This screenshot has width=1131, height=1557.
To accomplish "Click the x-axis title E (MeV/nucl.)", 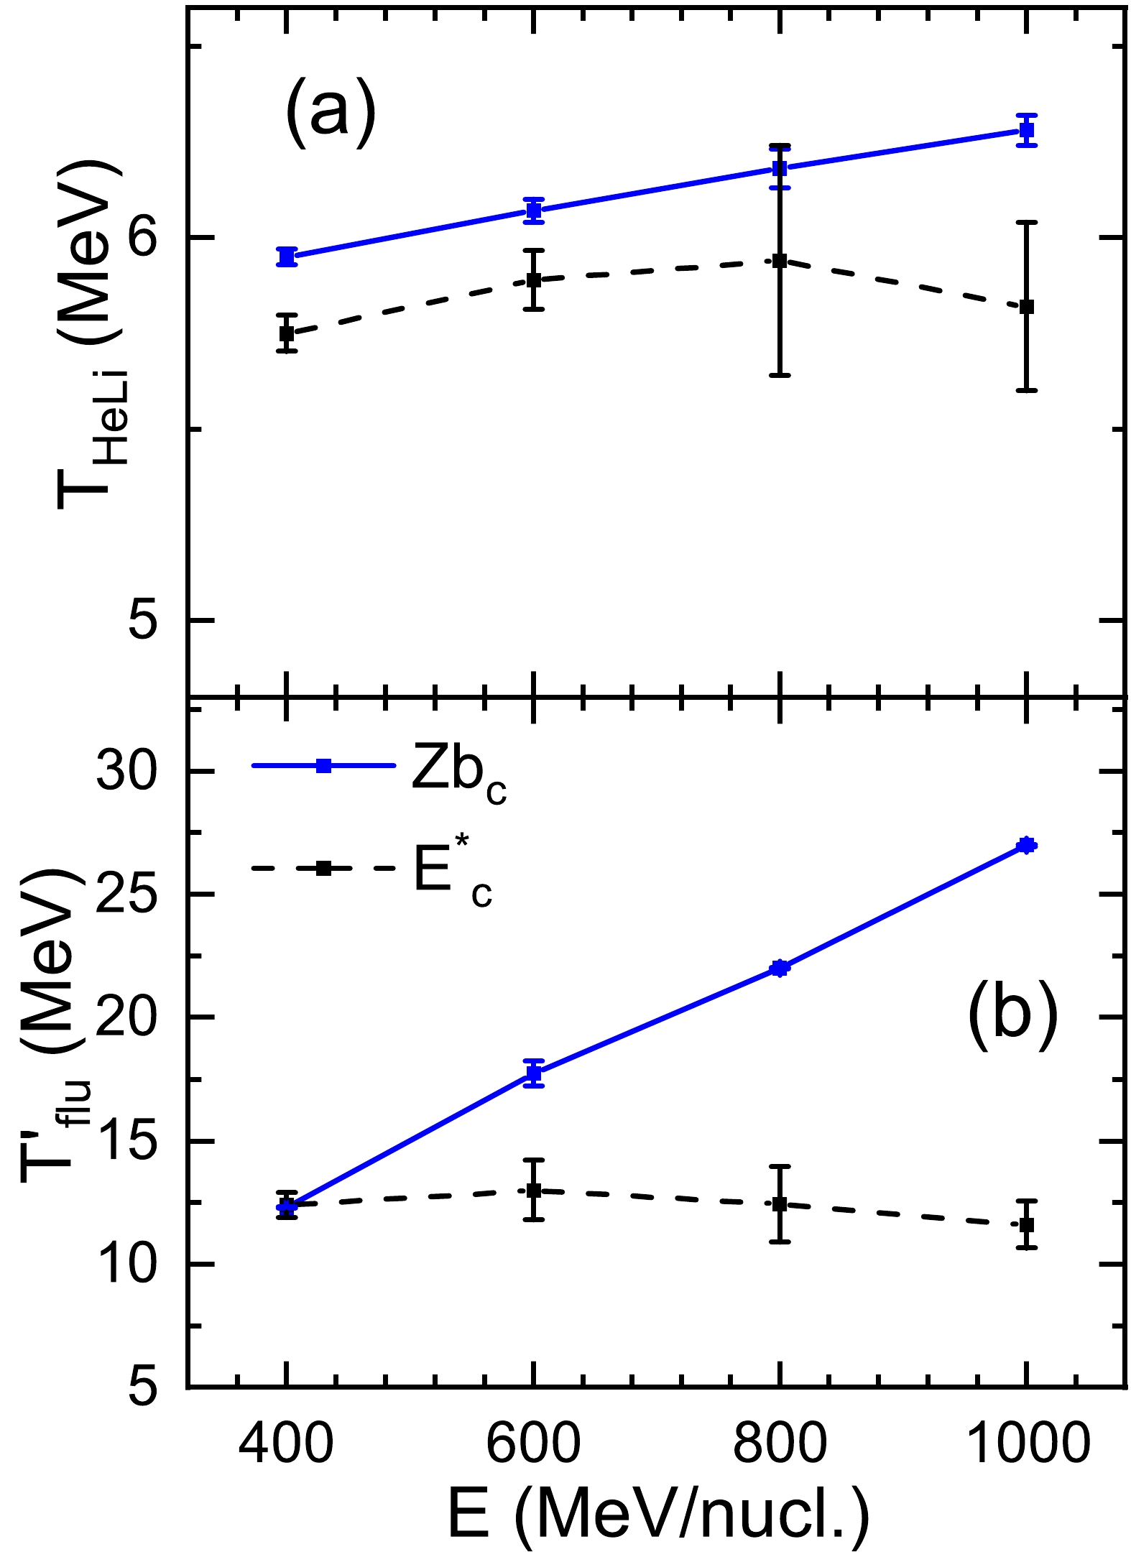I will click(658, 1517).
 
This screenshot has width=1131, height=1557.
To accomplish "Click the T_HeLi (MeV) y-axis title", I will click(90, 334).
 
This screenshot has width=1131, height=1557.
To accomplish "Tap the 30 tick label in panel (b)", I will click(126, 772).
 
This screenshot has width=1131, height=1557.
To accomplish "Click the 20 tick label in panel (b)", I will click(126, 1018).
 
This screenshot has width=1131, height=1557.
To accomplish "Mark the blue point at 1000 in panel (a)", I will click(1027, 130).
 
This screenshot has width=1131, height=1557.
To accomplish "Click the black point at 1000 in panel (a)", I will click(1027, 307).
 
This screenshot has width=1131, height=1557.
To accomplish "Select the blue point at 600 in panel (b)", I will click(533, 1073).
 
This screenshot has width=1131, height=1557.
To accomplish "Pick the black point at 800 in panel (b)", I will click(780, 1204).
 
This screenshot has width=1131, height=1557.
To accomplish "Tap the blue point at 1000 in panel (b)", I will click(1027, 845).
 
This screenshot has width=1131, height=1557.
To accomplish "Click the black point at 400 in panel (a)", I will click(287, 333).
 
